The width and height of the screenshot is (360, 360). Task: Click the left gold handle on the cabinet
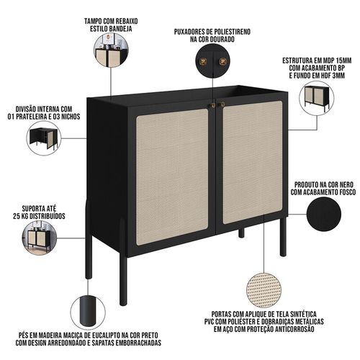click(212, 105)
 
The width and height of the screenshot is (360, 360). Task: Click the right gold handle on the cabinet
click(221, 104)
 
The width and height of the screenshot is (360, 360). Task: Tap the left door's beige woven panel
click(172, 177)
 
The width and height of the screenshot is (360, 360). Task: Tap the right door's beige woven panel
click(253, 162)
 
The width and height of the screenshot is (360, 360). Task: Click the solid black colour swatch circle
click(324, 215)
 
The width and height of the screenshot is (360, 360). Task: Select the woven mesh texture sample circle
click(264, 290)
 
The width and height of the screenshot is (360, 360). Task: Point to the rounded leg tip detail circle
click(89, 312)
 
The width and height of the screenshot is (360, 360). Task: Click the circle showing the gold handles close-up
click(212, 62)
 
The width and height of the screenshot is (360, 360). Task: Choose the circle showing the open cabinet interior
click(43, 138)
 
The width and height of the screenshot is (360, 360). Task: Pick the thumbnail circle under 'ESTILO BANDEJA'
click(111, 50)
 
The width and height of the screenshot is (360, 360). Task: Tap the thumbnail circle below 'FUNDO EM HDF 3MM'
click(317, 99)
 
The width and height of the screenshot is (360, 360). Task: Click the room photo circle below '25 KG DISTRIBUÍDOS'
click(40, 238)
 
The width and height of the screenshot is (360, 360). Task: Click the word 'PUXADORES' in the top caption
click(189, 32)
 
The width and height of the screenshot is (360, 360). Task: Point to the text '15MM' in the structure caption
click(343, 60)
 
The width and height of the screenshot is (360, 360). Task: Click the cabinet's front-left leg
click(123, 261)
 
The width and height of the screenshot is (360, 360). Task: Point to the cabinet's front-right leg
click(283, 236)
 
